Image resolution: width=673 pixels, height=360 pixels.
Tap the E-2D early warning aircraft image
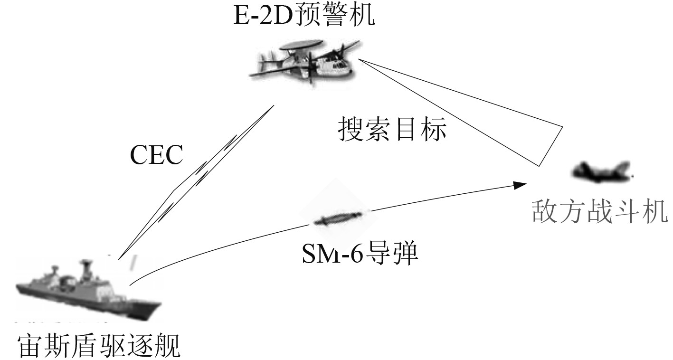304,64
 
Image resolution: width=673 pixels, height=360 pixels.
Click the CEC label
156,155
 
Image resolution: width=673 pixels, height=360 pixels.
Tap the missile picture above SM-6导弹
338,218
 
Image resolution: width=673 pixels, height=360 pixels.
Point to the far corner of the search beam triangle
563,127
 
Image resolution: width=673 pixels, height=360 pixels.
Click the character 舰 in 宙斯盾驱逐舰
168,346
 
